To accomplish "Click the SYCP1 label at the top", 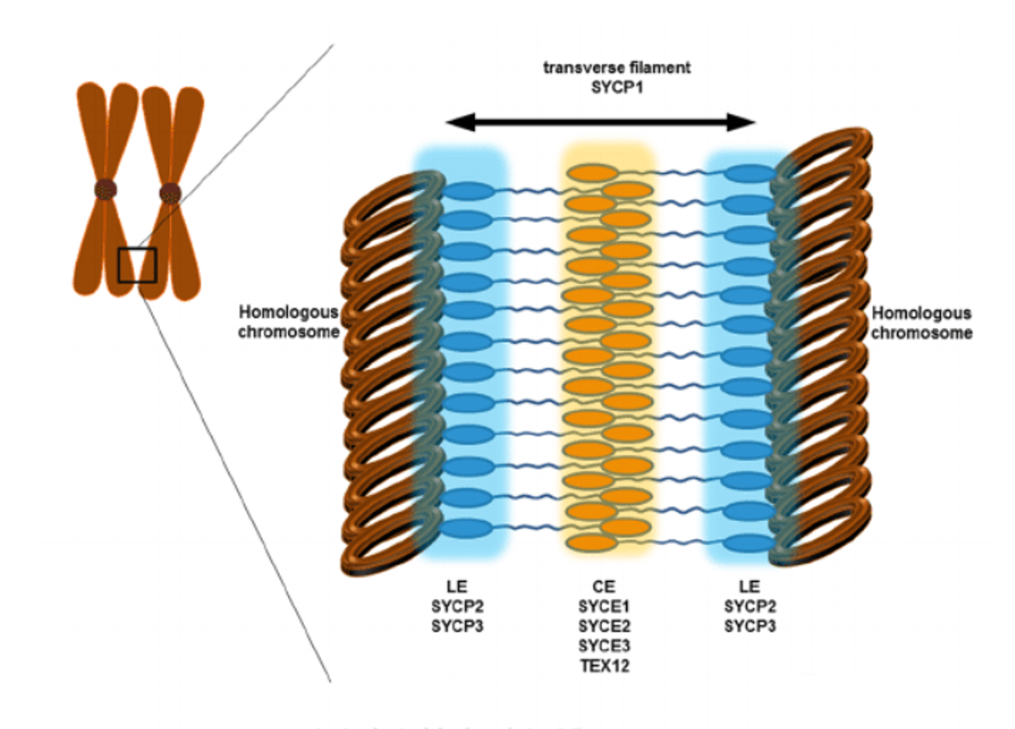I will (617, 88).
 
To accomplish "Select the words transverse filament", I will (617, 68).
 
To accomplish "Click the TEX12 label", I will (605, 666).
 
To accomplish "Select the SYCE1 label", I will (604, 606).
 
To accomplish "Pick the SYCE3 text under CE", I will (604, 646).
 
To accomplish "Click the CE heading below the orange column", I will (604, 587).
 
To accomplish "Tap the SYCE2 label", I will (604, 626).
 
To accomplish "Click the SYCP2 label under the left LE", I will (457, 606).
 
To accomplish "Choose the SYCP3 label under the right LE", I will (750, 626).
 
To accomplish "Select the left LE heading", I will (457, 587).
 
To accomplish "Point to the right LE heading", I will (750, 587).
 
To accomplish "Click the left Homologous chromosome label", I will (289, 322).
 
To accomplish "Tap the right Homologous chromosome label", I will (922, 323).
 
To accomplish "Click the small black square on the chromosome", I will (137, 265).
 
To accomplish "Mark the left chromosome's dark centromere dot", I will (106, 189).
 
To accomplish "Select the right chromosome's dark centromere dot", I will (170, 193).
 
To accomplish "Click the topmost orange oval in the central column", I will (592, 173).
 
